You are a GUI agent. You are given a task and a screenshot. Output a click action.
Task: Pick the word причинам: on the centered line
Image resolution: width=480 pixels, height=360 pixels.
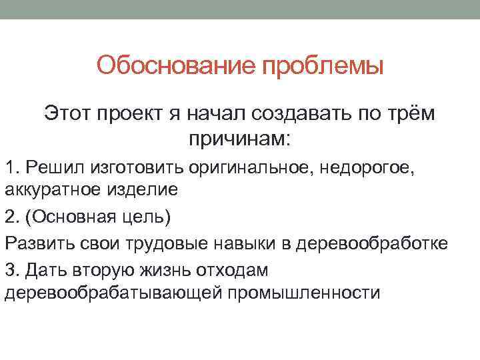pyautogui.click(x=239, y=140)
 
